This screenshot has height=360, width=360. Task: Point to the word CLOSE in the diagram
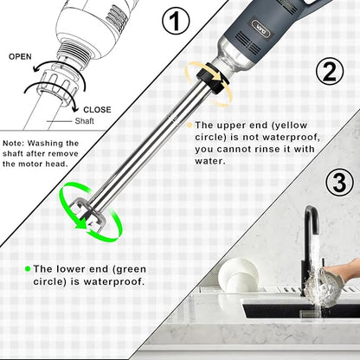[96, 110]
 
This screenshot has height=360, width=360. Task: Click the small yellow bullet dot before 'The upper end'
[188, 125]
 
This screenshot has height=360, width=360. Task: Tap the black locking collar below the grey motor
[211, 83]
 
